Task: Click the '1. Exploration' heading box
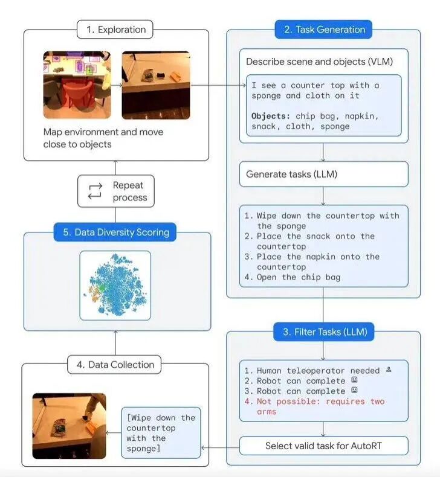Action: (115, 29)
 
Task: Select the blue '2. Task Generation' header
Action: (323, 29)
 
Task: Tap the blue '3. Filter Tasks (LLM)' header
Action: (324, 331)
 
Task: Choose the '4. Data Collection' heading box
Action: (115, 364)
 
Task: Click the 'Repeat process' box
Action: (115, 191)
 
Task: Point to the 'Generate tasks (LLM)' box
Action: (323, 174)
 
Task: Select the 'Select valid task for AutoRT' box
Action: (323, 446)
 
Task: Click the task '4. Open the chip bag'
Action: (293, 277)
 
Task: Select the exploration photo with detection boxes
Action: (78, 84)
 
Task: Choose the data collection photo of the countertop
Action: (68, 426)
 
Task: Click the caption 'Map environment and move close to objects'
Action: (103, 138)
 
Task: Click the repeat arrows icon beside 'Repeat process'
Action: (95, 191)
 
